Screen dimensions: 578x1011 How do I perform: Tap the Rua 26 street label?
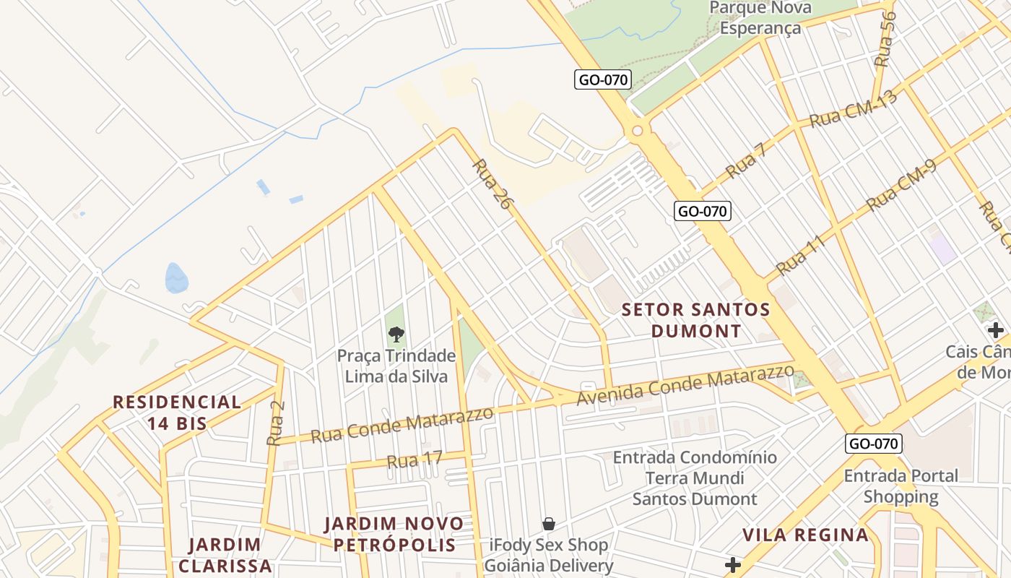tap(492, 184)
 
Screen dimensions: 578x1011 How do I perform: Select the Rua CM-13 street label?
tap(853, 108)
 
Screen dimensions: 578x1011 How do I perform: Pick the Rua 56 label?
tap(885, 39)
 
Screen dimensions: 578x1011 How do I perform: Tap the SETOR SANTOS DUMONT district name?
tap(696, 320)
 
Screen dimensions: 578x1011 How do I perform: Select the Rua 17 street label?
tap(415, 460)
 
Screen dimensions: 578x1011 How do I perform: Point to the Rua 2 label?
tap(276, 422)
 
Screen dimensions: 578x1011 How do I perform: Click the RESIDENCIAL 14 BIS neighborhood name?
tap(177, 413)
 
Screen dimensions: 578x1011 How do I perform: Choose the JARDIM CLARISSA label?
tap(225, 555)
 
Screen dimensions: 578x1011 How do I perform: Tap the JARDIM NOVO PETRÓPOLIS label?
tap(394, 534)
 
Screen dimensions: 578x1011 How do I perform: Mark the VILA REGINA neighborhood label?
tap(806, 535)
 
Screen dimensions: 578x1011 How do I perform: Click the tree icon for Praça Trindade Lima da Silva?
tap(396, 334)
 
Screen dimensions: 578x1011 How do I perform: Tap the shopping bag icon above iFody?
tap(549, 524)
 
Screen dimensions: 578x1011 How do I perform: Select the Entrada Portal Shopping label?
tap(901, 486)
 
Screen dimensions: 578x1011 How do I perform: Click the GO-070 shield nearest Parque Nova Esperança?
tap(603, 80)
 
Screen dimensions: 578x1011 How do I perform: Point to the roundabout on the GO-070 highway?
tap(637, 131)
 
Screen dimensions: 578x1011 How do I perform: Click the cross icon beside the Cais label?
tap(996, 331)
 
